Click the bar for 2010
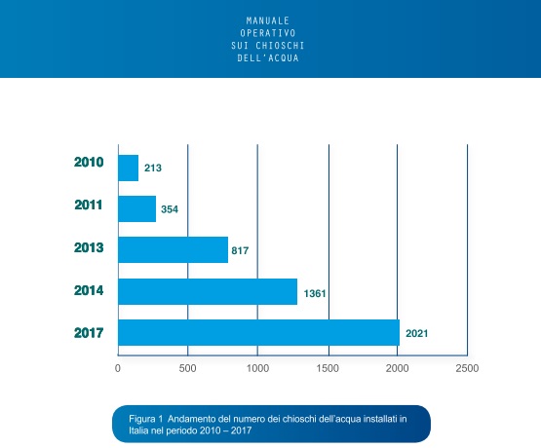[x=129, y=168]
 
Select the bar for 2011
[x=137, y=208]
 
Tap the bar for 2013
[x=174, y=250]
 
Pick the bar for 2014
[x=208, y=291]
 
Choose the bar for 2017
[x=258, y=332]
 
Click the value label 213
[x=153, y=168]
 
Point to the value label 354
[x=170, y=209]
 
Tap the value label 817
[x=240, y=250]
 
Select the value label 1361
[x=315, y=293]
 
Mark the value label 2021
[x=417, y=334]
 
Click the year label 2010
[x=89, y=162]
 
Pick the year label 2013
[x=89, y=247]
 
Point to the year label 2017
[x=89, y=333]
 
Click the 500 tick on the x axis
[x=187, y=368]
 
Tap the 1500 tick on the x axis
[x=328, y=368]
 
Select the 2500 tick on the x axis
[x=467, y=368]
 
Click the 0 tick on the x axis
[x=118, y=368]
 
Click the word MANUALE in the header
[x=268, y=20]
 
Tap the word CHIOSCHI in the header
[x=280, y=46]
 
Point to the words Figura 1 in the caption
[x=145, y=419]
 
